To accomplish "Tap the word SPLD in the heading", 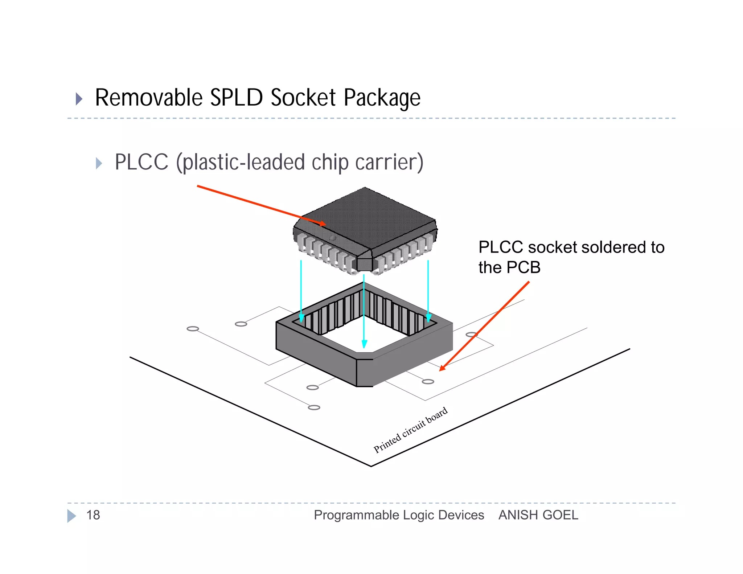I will point(236,98).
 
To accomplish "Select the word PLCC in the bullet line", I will point(141,162).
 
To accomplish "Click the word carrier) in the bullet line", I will point(389,162).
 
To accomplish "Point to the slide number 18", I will point(93,515).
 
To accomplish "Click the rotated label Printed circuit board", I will point(410,430).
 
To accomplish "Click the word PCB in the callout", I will point(524,268).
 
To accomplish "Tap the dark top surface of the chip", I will point(366,218).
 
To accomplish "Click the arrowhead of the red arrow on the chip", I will point(323,224).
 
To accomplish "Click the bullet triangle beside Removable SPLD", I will point(79,99).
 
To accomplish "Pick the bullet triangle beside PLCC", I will point(99,163).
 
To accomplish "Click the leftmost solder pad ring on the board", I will point(193,329).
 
